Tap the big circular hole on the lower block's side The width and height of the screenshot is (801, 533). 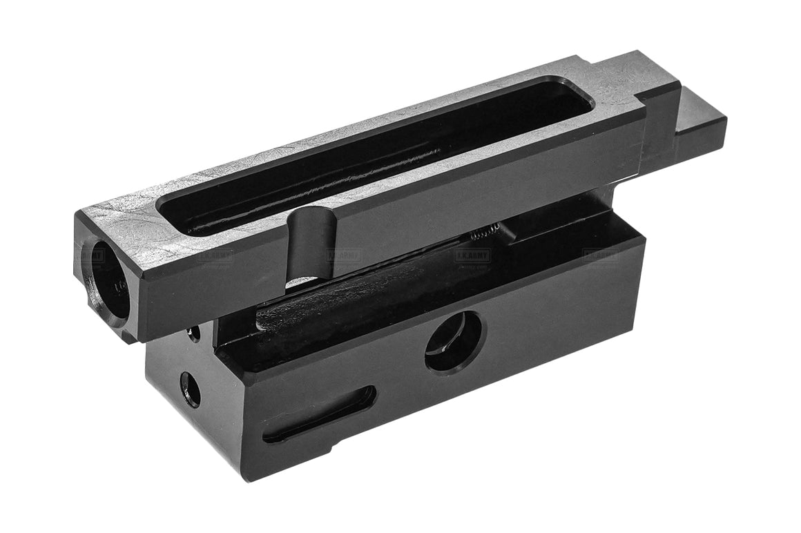click(x=454, y=341)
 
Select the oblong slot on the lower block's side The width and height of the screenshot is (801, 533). click(x=319, y=414)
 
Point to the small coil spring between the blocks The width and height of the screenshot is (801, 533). click(x=481, y=235)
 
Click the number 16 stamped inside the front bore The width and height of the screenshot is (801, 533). click(x=119, y=285)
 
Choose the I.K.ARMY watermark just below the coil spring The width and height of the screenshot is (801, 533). click(x=472, y=256)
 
